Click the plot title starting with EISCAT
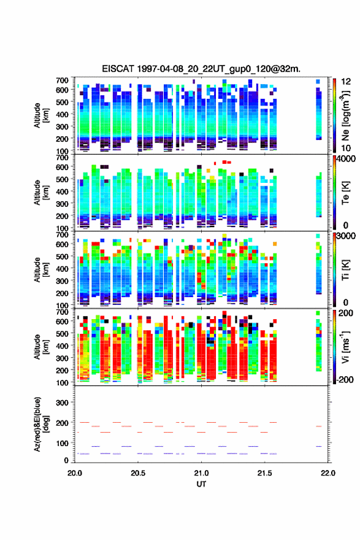(x=201, y=69)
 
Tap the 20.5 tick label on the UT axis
(x=137, y=473)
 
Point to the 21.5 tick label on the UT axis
(x=264, y=473)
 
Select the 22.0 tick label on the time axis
(x=328, y=473)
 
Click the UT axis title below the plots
(x=201, y=484)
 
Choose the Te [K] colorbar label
(x=345, y=193)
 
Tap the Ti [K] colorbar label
(x=345, y=270)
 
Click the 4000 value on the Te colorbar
(x=347, y=159)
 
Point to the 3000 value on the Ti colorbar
(x=347, y=236)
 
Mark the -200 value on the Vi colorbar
(x=344, y=379)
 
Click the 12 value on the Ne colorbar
(x=347, y=82)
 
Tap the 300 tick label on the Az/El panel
(x=62, y=403)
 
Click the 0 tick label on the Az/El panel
(x=66, y=460)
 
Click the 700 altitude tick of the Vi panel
(x=62, y=312)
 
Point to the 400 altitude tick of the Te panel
(x=62, y=191)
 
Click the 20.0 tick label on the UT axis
(x=75, y=473)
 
